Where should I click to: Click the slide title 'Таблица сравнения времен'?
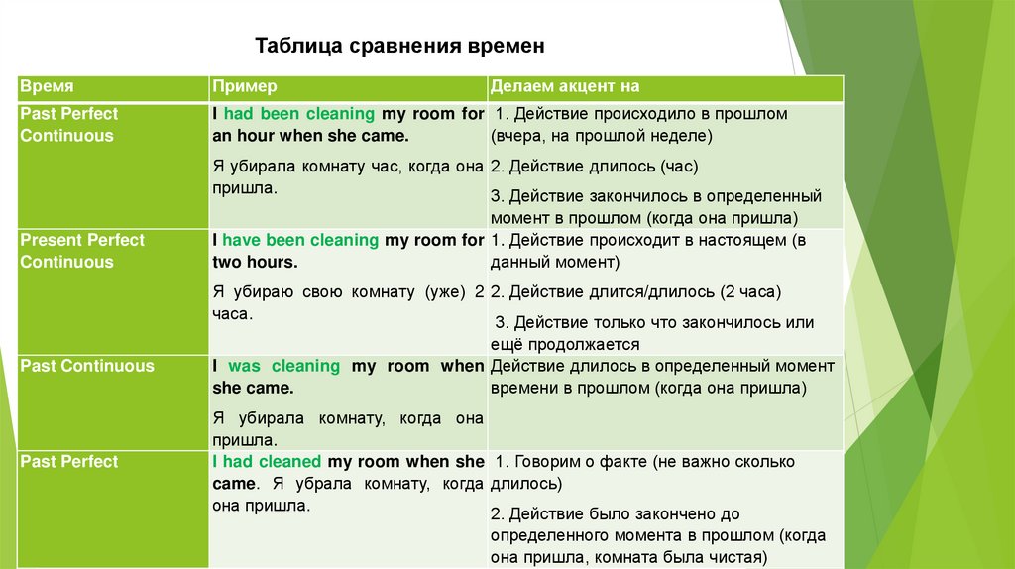400,46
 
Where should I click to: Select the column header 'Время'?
47,87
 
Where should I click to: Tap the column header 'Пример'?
244,87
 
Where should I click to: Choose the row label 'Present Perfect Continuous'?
82,251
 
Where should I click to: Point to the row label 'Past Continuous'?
87,366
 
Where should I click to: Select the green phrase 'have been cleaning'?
300,240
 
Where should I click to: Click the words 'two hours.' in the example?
255,263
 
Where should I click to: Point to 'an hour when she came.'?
310,136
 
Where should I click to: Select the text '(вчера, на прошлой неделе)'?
602,136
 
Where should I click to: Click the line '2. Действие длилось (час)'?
587,167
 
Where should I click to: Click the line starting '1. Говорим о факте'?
644,462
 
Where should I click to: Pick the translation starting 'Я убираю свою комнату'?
348,292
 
